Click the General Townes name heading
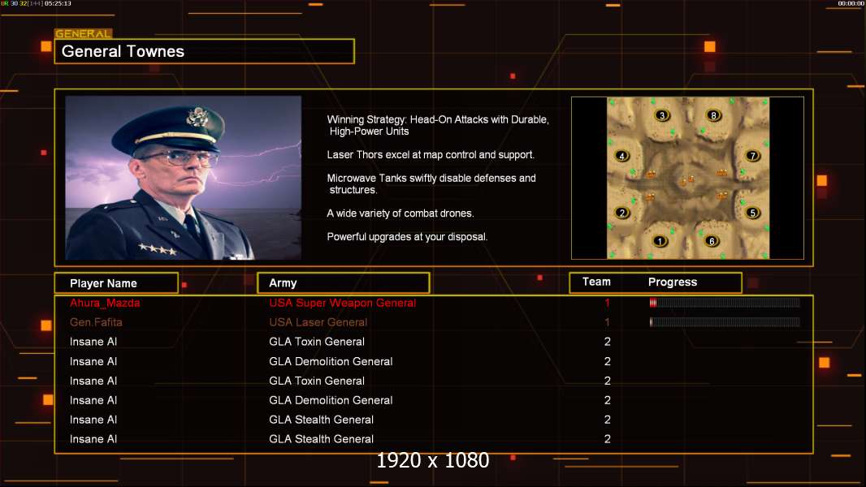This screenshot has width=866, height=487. (x=123, y=51)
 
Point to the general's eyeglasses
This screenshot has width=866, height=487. (x=179, y=159)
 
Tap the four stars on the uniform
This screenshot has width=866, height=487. (x=158, y=250)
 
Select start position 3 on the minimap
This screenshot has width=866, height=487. (x=661, y=115)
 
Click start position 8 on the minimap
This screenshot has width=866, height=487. (x=713, y=115)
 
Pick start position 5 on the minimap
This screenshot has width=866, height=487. (x=752, y=213)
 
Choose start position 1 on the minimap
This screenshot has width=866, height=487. (x=659, y=241)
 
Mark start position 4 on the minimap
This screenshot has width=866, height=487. (x=622, y=156)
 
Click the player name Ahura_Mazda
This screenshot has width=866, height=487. (x=105, y=303)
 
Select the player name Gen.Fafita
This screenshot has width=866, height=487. (x=96, y=322)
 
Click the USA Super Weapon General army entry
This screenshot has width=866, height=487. (x=343, y=303)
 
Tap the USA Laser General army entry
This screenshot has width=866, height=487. (x=318, y=322)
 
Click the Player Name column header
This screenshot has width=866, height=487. (x=103, y=283)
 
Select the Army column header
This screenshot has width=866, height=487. (x=283, y=283)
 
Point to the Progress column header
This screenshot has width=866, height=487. (x=672, y=282)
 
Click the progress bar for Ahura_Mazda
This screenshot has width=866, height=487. (x=725, y=302)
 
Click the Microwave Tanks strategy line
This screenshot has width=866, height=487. (x=431, y=183)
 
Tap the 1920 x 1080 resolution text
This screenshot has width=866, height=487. (x=432, y=460)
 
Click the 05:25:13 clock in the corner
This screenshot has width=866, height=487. (x=58, y=3)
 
